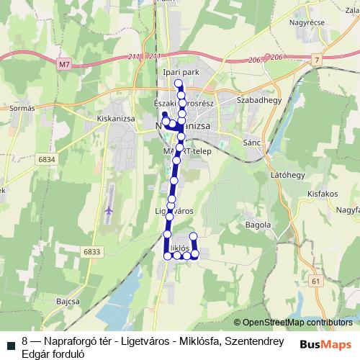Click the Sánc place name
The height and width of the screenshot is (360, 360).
coord(252,143)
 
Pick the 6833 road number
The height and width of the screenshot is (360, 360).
coord(92,251)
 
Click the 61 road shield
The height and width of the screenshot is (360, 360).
coord(315,281)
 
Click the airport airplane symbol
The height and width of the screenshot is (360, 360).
coord(109,210)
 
